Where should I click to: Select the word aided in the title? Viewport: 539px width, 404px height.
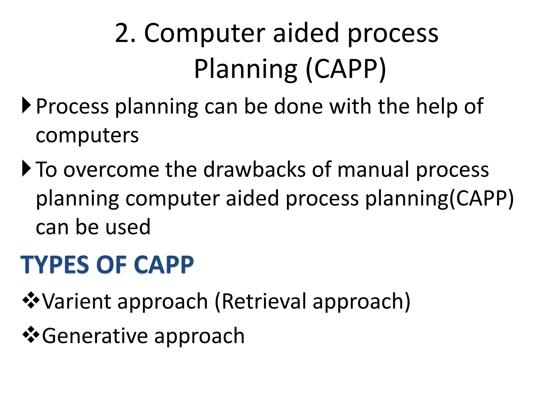306,33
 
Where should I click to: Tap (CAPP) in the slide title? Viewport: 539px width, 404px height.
346,69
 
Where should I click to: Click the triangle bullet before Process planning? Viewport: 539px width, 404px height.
27,105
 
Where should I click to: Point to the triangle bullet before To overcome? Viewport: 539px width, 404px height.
27,168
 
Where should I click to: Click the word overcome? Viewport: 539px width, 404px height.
111,170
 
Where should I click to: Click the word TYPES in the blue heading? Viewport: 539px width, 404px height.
55,265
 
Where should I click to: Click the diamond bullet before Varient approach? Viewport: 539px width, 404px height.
31,300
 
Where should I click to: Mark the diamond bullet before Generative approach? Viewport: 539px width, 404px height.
31,335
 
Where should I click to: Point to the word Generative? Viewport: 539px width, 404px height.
95,336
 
